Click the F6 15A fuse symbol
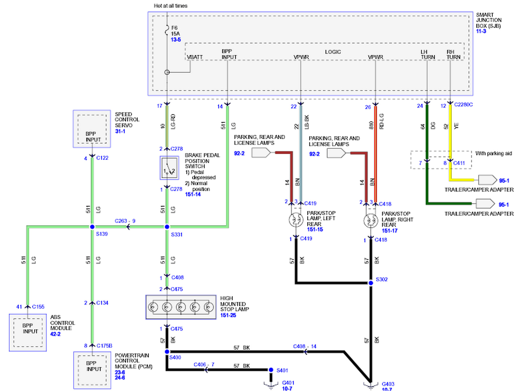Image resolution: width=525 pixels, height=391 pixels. [x=167, y=31]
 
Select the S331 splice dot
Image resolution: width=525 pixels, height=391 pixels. [x=167, y=227]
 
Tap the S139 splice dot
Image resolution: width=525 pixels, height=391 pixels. [x=92, y=227]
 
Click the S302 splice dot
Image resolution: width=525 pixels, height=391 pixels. [x=370, y=283]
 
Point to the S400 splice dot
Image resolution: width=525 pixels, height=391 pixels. [x=167, y=352]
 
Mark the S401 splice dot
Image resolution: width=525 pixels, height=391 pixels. [x=271, y=370]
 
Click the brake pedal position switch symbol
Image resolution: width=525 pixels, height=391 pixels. [x=169, y=168]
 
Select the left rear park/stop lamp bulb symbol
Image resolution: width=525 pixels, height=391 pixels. [x=296, y=219]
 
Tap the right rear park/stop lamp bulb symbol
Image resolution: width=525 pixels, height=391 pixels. [x=371, y=220]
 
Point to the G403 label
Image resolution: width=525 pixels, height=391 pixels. [x=388, y=384]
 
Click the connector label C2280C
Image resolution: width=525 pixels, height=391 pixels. [x=463, y=105]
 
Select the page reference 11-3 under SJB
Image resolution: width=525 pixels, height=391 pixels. [x=481, y=31]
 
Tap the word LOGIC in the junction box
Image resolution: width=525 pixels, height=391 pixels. [x=333, y=52]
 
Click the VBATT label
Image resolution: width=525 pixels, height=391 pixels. [x=195, y=57]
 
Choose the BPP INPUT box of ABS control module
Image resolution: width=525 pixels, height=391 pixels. [x=28, y=333]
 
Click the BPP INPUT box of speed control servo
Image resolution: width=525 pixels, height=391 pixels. [x=92, y=129]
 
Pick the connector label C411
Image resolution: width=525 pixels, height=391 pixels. [x=459, y=163]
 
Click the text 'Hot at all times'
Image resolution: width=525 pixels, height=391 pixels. [x=171, y=6]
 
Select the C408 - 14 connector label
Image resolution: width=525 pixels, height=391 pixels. [x=304, y=346]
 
